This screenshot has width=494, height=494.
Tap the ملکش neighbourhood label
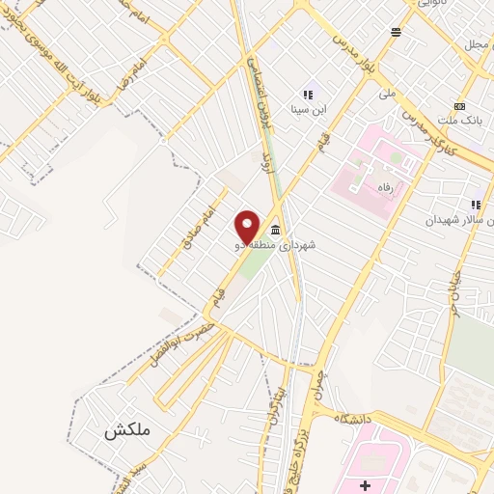click(x=129, y=430)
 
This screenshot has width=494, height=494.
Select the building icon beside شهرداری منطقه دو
click(x=276, y=230)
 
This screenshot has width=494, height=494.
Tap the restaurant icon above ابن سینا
click(x=308, y=96)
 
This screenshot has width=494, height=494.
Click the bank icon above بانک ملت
click(x=459, y=105)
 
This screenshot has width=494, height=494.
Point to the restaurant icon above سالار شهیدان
click(x=475, y=205)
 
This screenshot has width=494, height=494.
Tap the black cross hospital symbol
click(x=364, y=482)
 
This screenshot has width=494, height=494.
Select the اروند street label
click(x=266, y=158)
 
